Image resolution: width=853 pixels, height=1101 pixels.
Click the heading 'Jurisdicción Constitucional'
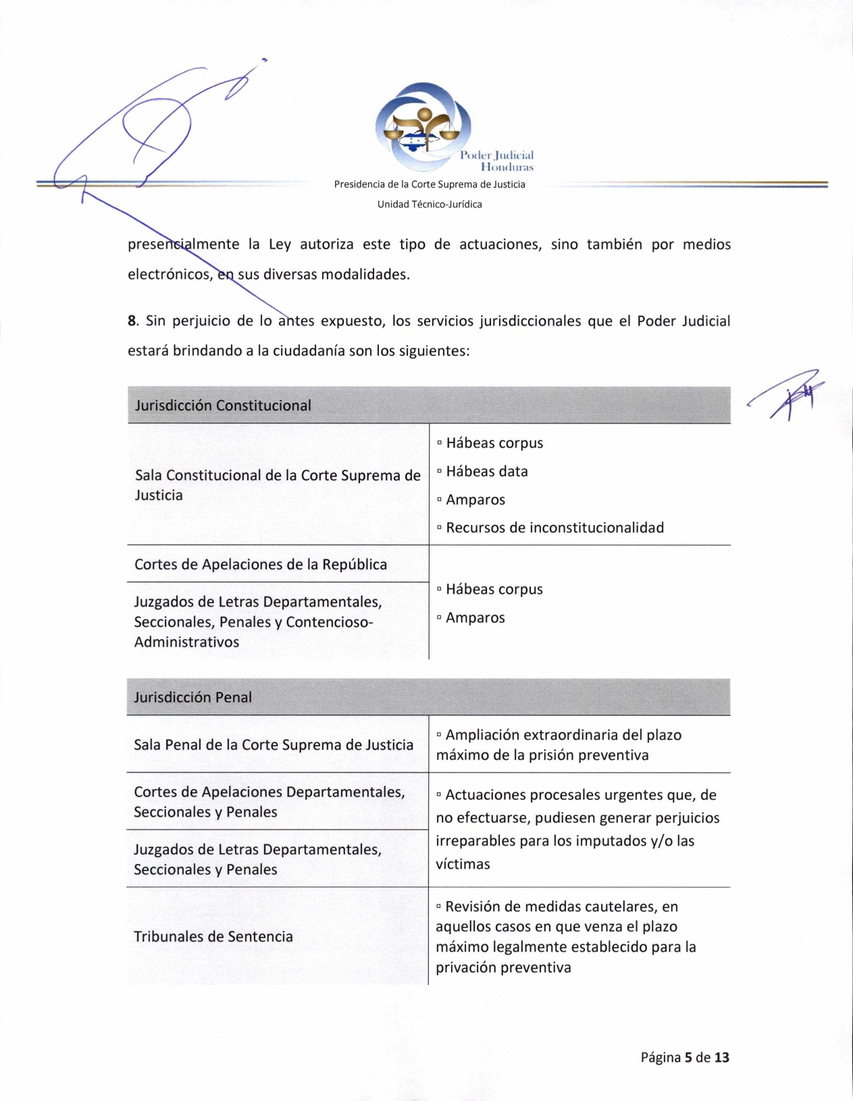223,405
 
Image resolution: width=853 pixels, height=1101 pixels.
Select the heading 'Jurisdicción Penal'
192,697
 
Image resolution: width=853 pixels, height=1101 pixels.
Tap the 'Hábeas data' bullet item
486,471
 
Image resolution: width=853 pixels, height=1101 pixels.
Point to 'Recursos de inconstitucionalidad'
554,528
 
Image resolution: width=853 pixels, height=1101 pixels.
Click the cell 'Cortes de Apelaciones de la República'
261,565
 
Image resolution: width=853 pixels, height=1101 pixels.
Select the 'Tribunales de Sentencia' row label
213,936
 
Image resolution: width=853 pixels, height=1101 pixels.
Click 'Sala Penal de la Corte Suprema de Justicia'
274,744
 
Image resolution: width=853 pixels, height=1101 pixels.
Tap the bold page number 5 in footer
688,1057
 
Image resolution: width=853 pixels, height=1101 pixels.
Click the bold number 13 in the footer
721,1057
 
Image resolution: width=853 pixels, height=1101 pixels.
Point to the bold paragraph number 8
132,321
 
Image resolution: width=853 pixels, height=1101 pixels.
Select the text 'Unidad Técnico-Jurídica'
430,204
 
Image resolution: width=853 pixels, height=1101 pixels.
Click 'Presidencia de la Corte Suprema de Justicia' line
430,184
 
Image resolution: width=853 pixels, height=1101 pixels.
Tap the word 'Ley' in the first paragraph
280,245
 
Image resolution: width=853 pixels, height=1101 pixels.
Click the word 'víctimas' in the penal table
463,864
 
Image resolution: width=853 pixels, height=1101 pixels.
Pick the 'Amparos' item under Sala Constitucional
475,500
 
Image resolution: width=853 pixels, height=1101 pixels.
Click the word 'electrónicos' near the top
170,275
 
